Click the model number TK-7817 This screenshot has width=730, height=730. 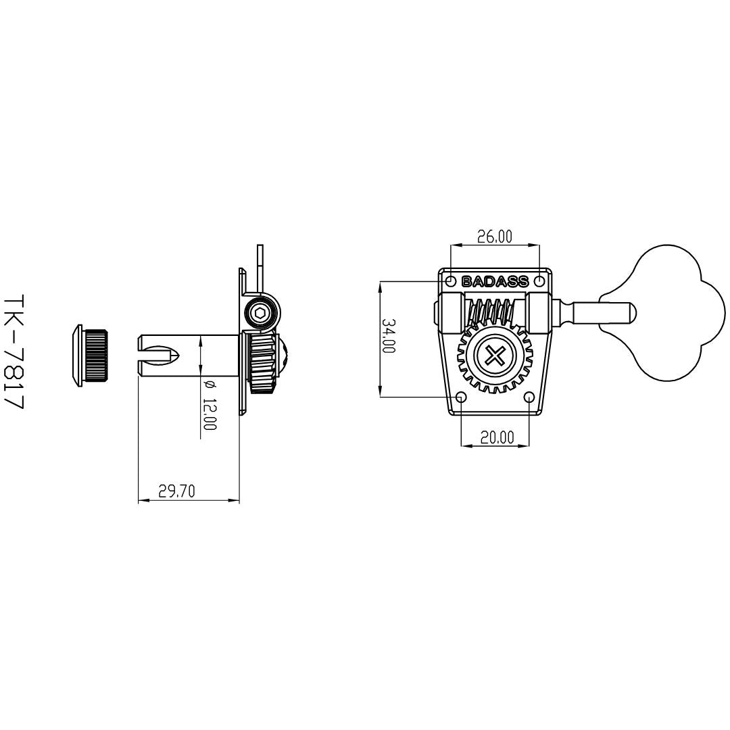pyautogui.click(x=13, y=351)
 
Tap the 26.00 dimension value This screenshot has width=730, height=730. pyautogui.click(x=494, y=237)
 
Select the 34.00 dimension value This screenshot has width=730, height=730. pyautogui.click(x=389, y=335)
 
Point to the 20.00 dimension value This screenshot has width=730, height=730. pyautogui.click(x=497, y=437)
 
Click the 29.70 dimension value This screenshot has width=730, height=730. pyautogui.click(x=176, y=491)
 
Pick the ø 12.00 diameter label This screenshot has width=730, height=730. pyautogui.click(x=210, y=405)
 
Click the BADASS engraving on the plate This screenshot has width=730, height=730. pyautogui.click(x=494, y=282)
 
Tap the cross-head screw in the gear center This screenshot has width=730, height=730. pyautogui.click(x=494, y=357)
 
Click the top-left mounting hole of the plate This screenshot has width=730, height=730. pyautogui.click(x=451, y=281)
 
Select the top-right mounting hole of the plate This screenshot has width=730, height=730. pyautogui.click(x=539, y=281)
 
